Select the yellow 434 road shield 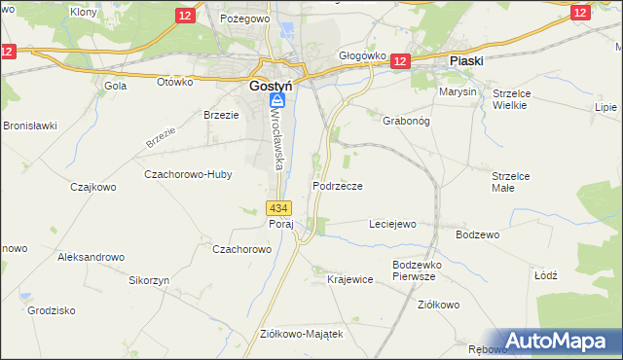[x=278, y=208]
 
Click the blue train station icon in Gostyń [x=278, y=100]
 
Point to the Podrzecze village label [x=338, y=185]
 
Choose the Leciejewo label [x=392, y=224]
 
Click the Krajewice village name [x=350, y=279]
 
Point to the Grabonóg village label [x=393, y=109]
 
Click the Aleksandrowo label [x=92, y=257]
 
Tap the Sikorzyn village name [x=150, y=279]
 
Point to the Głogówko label [x=362, y=55]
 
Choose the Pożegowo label [x=243, y=18]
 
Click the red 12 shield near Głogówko [x=400, y=60]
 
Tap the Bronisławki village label [x=31, y=126]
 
